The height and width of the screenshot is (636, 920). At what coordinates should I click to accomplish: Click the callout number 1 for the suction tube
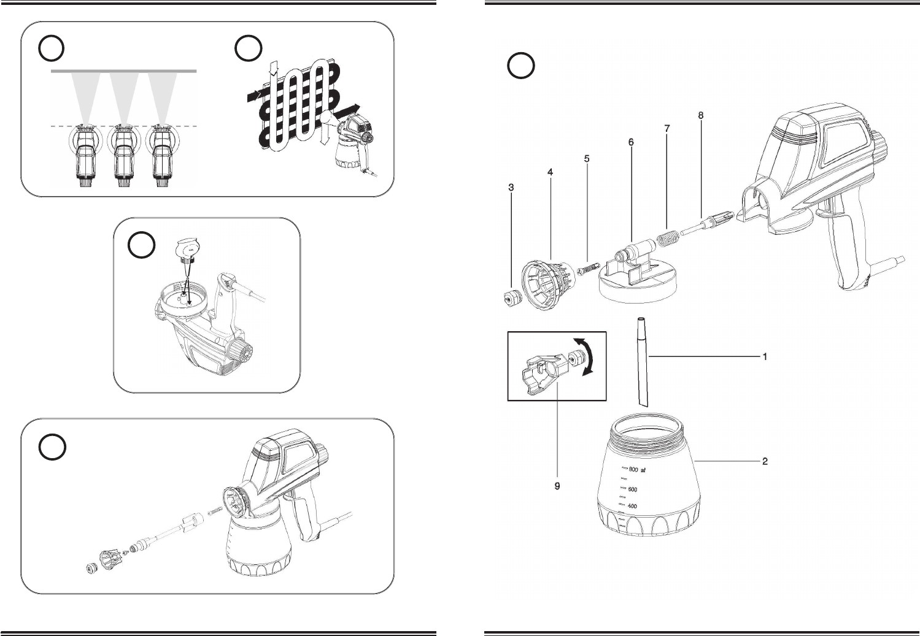click(765, 356)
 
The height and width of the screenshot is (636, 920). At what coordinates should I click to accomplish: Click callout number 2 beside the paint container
click(765, 461)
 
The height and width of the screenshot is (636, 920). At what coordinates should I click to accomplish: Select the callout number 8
click(701, 115)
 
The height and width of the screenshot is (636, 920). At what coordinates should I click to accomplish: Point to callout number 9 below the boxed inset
click(557, 486)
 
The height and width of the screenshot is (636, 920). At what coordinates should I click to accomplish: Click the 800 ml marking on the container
click(632, 470)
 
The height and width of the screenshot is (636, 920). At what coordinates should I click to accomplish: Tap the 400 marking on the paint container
click(632, 507)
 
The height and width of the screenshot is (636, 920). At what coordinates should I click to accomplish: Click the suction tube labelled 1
click(642, 362)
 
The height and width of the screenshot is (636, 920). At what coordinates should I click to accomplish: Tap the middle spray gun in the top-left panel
click(123, 156)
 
